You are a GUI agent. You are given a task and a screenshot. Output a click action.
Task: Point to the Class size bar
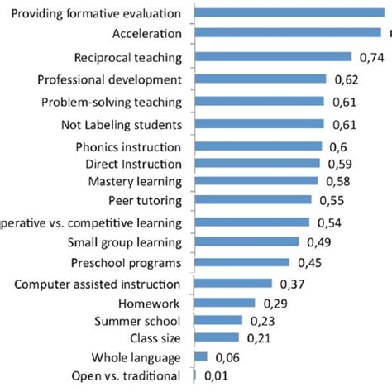[x=216, y=337]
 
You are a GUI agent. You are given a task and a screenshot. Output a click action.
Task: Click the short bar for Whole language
[x=199, y=356]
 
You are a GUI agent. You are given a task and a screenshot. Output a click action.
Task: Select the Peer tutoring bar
[x=252, y=199]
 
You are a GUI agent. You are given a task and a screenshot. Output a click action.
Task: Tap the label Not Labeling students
[x=121, y=125]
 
